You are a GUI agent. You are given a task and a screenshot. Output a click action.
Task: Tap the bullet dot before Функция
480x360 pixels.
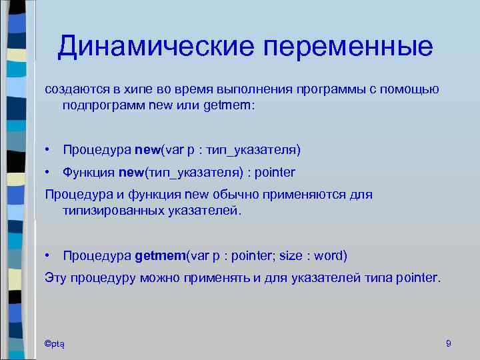click(49, 172)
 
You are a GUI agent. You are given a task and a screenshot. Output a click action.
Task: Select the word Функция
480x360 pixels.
click(89, 172)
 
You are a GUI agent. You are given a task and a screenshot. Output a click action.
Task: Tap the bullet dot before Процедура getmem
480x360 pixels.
click(49, 255)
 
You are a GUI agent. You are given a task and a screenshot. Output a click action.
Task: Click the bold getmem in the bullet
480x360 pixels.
click(159, 255)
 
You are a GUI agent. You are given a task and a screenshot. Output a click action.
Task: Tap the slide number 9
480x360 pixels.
click(448, 343)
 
